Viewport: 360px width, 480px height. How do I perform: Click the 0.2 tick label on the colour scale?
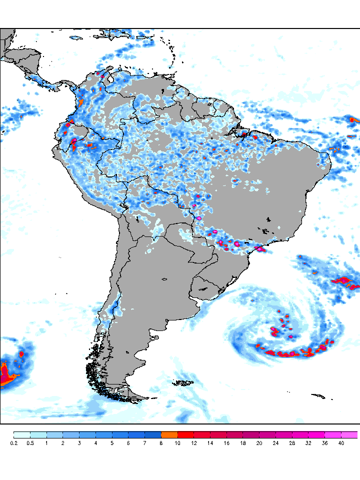[x=13, y=443]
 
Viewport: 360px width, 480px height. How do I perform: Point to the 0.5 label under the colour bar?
[x=30, y=443]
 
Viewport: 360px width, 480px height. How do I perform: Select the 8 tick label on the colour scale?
[x=161, y=443]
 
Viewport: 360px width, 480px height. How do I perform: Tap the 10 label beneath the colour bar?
[x=177, y=443]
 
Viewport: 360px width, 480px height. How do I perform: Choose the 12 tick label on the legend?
[x=194, y=443]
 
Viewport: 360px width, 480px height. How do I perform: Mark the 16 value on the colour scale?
[x=226, y=443]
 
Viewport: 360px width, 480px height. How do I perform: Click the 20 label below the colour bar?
[x=259, y=443]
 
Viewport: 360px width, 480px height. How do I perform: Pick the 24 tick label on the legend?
[x=275, y=443]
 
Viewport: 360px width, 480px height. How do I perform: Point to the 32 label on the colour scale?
[x=308, y=443]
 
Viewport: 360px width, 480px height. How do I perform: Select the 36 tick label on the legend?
[x=324, y=443]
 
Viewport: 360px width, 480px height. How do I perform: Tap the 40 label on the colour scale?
[x=341, y=443]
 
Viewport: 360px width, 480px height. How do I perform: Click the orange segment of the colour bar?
[x=169, y=434]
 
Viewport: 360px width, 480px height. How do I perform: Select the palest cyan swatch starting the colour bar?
[x=22, y=434]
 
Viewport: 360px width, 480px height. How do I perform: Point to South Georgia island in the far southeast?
[x=318, y=396]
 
